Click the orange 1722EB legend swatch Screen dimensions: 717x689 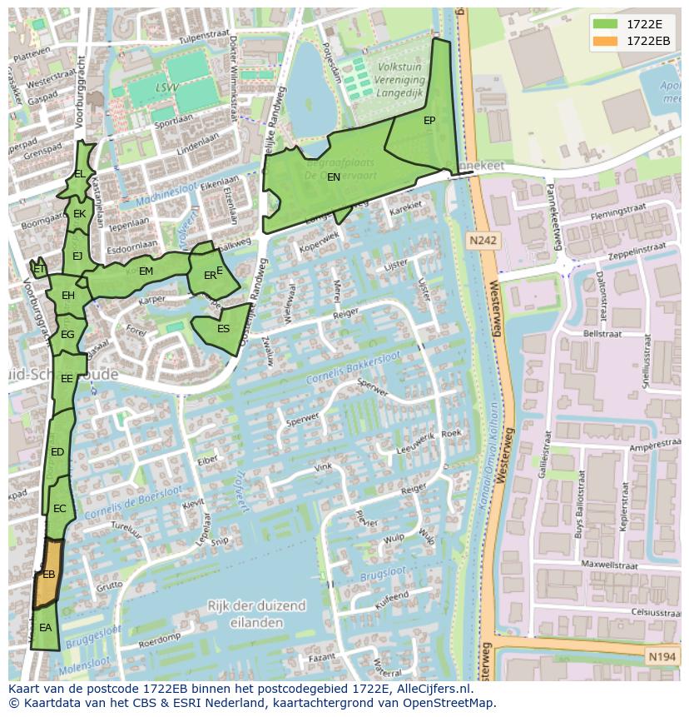point(606,41)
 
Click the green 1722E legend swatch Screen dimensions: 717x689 point(606,23)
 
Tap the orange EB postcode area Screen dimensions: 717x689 point(48,574)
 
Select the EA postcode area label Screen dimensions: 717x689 point(45,627)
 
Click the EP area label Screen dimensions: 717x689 point(429,121)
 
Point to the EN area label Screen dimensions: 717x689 point(333,177)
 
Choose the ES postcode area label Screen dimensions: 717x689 point(223,328)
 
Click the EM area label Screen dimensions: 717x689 point(146,271)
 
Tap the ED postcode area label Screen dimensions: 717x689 point(57,451)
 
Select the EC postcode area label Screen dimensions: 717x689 point(59,508)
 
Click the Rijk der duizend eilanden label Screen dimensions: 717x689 point(257,613)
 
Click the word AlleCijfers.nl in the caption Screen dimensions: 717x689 point(432,689)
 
